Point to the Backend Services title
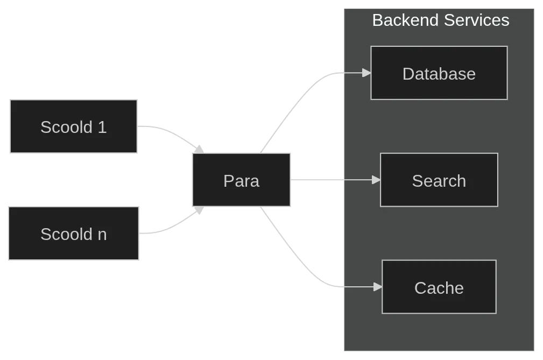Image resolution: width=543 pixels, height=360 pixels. [440, 20]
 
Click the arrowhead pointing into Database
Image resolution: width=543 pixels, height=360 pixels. [367, 73]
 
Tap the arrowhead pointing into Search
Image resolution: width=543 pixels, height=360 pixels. [376, 180]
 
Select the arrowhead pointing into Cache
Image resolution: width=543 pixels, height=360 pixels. [378, 287]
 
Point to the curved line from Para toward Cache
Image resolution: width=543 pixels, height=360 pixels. [296, 253]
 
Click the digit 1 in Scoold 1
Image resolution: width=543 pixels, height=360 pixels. [102, 127]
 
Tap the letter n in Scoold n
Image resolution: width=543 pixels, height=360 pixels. [102, 235]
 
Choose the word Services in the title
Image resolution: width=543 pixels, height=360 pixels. [476, 20]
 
